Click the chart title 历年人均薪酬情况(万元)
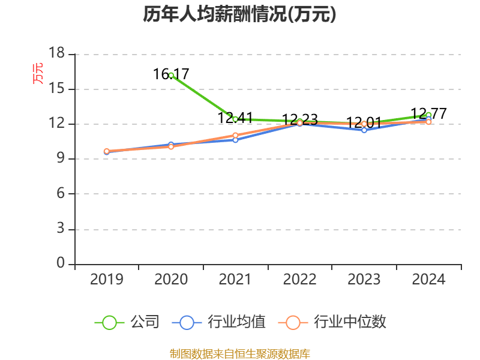point(239,14)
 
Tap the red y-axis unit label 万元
point(38,73)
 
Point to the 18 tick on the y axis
point(56,53)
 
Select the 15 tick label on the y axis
point(56,88)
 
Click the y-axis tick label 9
point(61,158)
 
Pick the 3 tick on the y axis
point(61,229)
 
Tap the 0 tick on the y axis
point(61,263)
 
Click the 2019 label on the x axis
point(107,280)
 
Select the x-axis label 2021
point(235,280)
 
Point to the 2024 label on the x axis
point(428,280)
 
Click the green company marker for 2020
point(171,76)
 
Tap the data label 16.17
point(171,74)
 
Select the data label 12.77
point(428,113)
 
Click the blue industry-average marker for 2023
point(364,130)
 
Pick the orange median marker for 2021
point(235,136)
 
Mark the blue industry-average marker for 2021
point(235,140)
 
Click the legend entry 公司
point(127,322)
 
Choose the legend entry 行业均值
point(219,322)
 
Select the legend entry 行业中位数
point(332,322)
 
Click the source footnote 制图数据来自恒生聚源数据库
point(240,354)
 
